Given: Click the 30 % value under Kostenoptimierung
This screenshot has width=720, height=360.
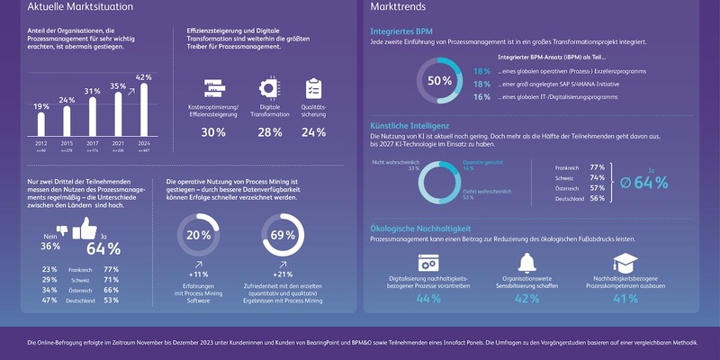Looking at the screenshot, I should coord(213,132).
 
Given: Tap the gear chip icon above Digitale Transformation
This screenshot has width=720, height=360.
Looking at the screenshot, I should coord(268,88).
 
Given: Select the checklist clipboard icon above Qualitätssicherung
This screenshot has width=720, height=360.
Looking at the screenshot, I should coord(314,88).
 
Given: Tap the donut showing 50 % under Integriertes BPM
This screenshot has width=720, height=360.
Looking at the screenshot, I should coord(439,80).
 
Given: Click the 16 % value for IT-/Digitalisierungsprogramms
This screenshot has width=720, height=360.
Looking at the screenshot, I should coord(481,96).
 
